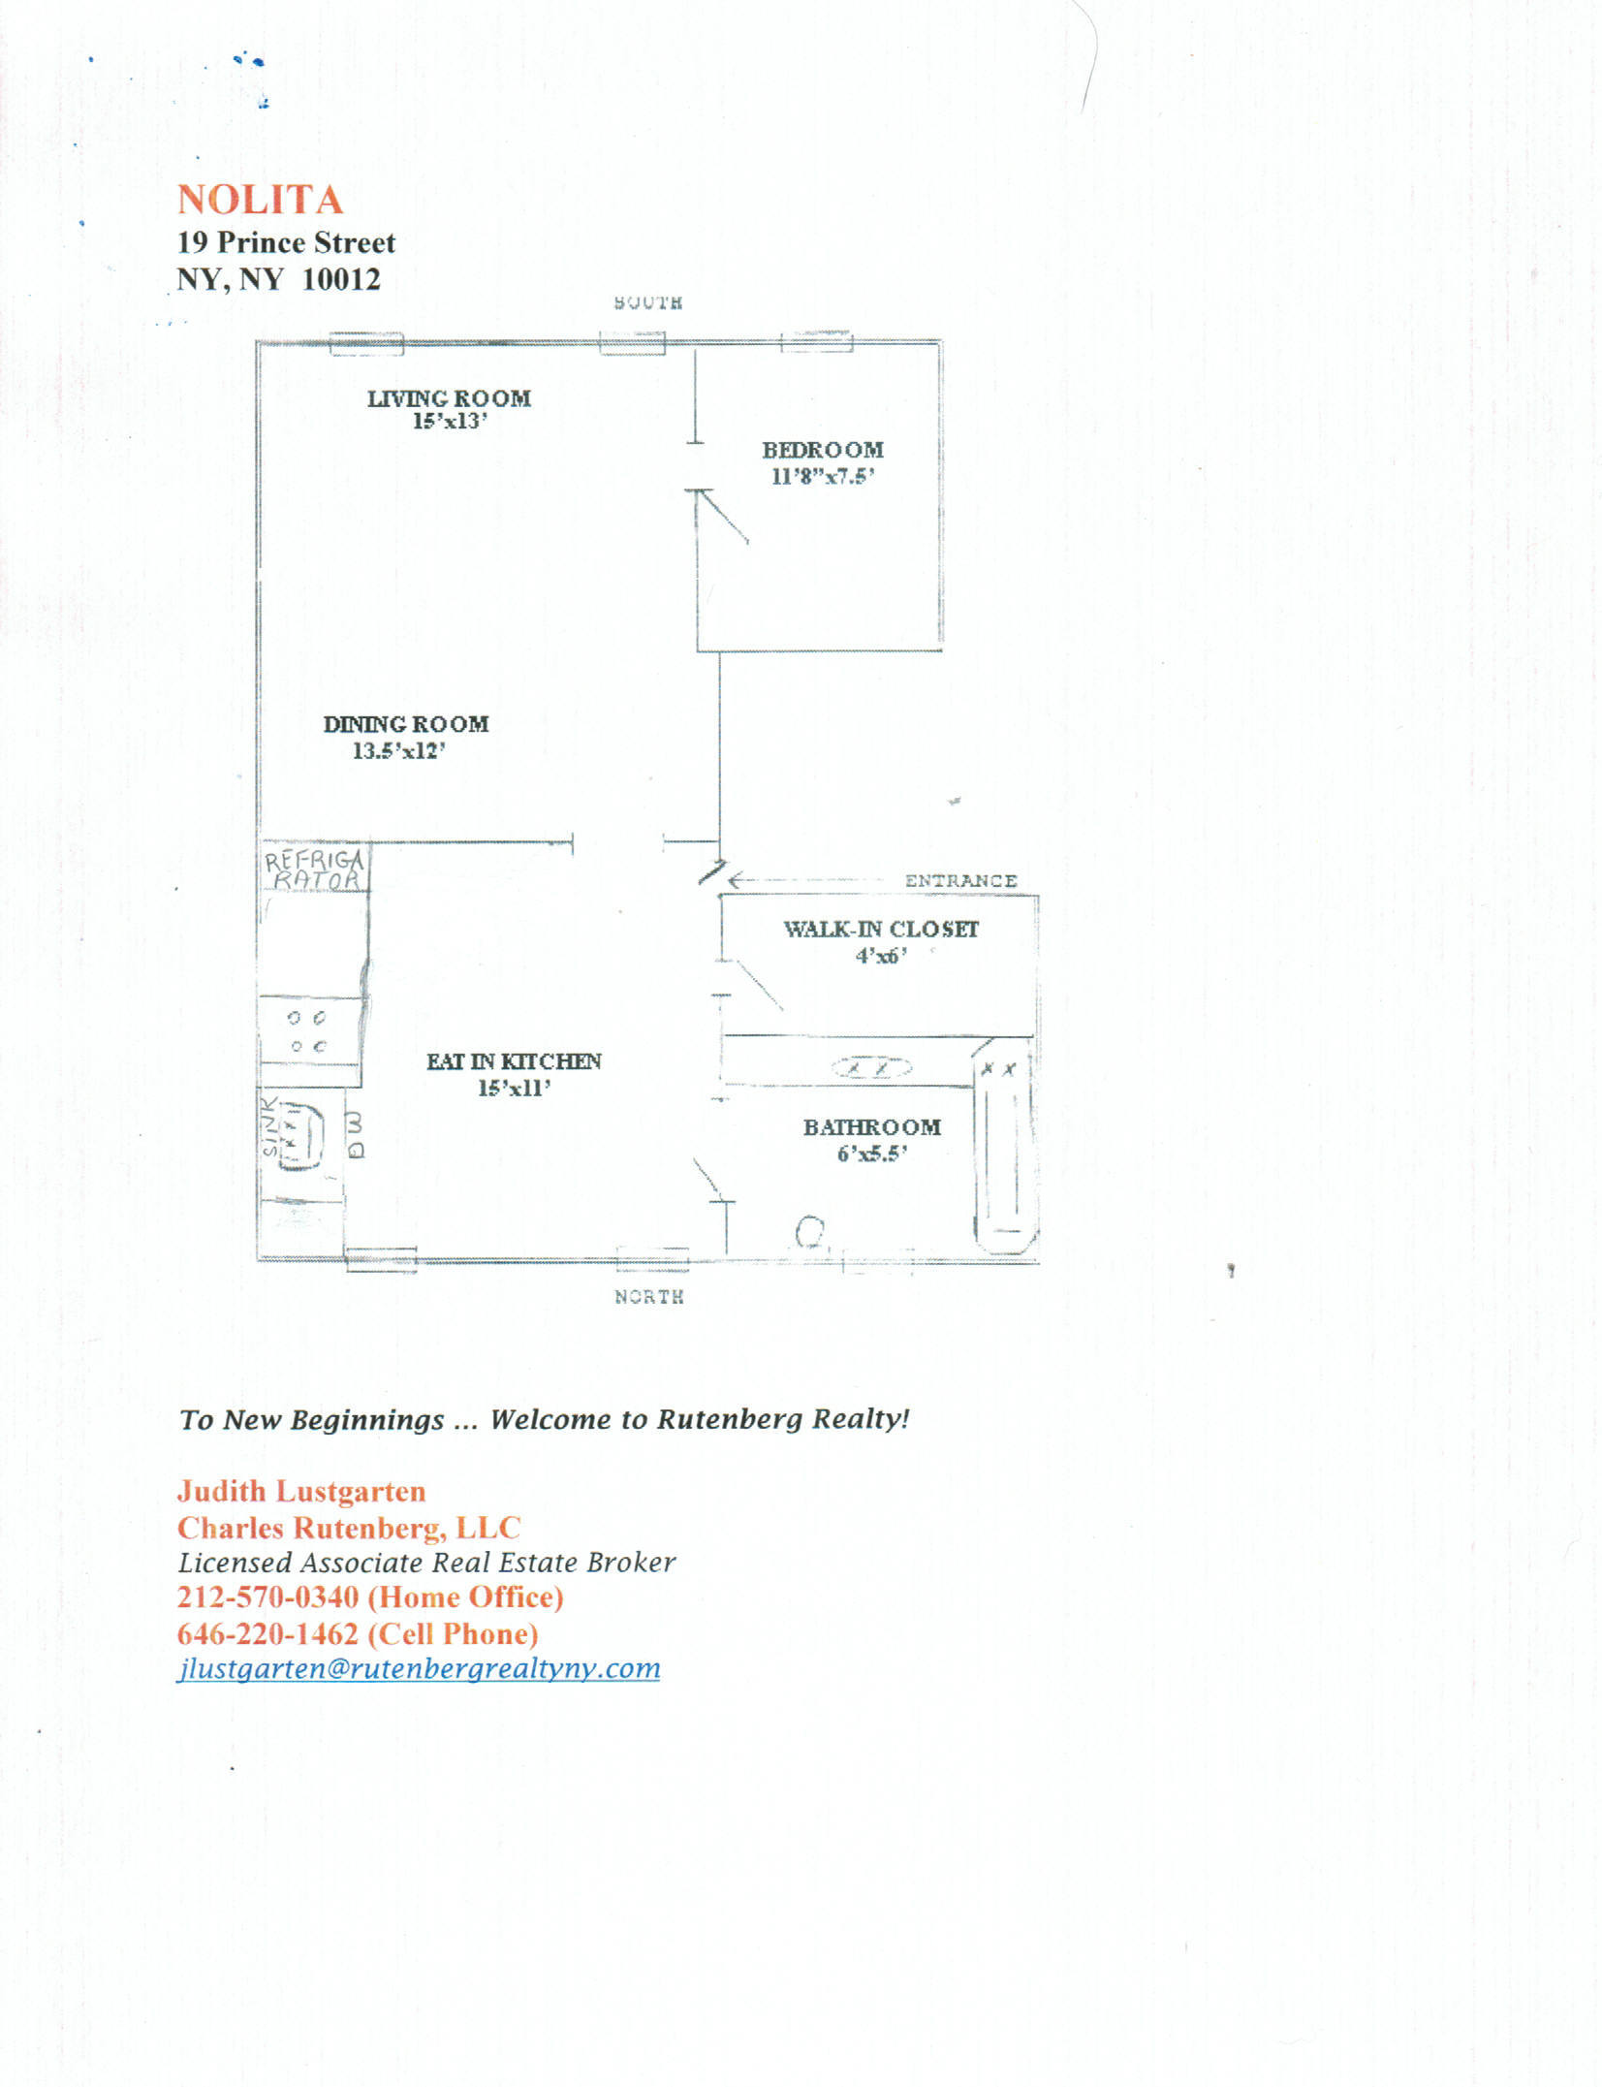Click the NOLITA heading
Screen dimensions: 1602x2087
point(260,200)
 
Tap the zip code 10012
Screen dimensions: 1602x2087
point(341,279)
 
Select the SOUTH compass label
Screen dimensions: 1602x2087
point(648,303)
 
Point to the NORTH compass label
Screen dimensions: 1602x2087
point(649,1297)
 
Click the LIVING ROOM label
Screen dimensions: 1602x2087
point(449,398)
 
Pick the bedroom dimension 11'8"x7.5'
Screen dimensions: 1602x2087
point(823,476)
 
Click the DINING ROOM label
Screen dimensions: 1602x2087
point(406,724)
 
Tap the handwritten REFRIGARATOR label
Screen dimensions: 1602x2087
point(314,870)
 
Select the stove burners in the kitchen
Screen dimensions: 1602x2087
point(307,1031)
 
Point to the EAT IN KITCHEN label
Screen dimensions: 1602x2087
point(514,1061)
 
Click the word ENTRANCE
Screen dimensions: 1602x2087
point(960,880)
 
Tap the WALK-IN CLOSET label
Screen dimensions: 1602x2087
point(881,929)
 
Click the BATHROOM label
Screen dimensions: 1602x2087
point(871,1127)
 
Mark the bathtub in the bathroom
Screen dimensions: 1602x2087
point(1005,1149)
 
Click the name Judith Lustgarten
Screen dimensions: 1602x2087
point(301,1491)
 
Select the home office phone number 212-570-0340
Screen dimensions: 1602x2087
point(267,1597)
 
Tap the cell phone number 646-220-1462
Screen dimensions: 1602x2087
point(267,1634)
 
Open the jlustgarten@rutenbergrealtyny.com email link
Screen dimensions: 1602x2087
point(419,1668)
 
